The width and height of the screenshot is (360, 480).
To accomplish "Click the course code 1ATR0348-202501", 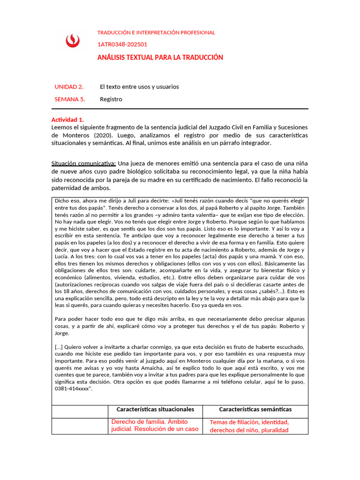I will coord(122,45).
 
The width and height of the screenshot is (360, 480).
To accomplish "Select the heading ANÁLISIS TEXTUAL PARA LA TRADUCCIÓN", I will coord(160,58).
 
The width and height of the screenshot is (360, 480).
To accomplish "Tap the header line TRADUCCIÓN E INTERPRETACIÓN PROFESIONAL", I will coord(156,33).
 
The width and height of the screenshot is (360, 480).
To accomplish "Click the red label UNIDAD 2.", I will coord(69,87).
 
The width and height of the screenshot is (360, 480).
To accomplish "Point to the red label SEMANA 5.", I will coord(70,99).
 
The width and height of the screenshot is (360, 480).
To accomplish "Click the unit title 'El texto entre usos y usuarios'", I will coord(139,87).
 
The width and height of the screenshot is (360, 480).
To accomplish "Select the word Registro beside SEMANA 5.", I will coord(111,99).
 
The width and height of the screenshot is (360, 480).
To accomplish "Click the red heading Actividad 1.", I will coord(67,120).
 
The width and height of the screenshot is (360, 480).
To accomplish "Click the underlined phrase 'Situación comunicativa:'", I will coord(83,163).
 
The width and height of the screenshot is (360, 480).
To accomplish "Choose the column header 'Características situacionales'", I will coord(155,409).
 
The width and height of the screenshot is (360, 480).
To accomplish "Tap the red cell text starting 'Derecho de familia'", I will coord(155,425).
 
